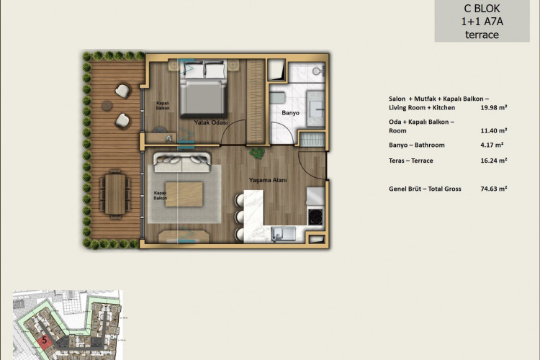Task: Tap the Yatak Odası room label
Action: (211, 123)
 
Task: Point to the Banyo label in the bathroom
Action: (290, 113)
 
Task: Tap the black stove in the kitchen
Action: (315, 215)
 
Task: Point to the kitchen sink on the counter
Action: (281, 232)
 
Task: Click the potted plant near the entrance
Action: (256, 153)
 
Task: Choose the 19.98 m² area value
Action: (493, 107)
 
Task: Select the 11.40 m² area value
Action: (493, 130)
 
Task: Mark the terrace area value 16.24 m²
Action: (493, 161)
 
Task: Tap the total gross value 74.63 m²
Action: (493, 188)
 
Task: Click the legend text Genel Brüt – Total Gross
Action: (424, 188)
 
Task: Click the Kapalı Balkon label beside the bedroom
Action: (163, 105)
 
